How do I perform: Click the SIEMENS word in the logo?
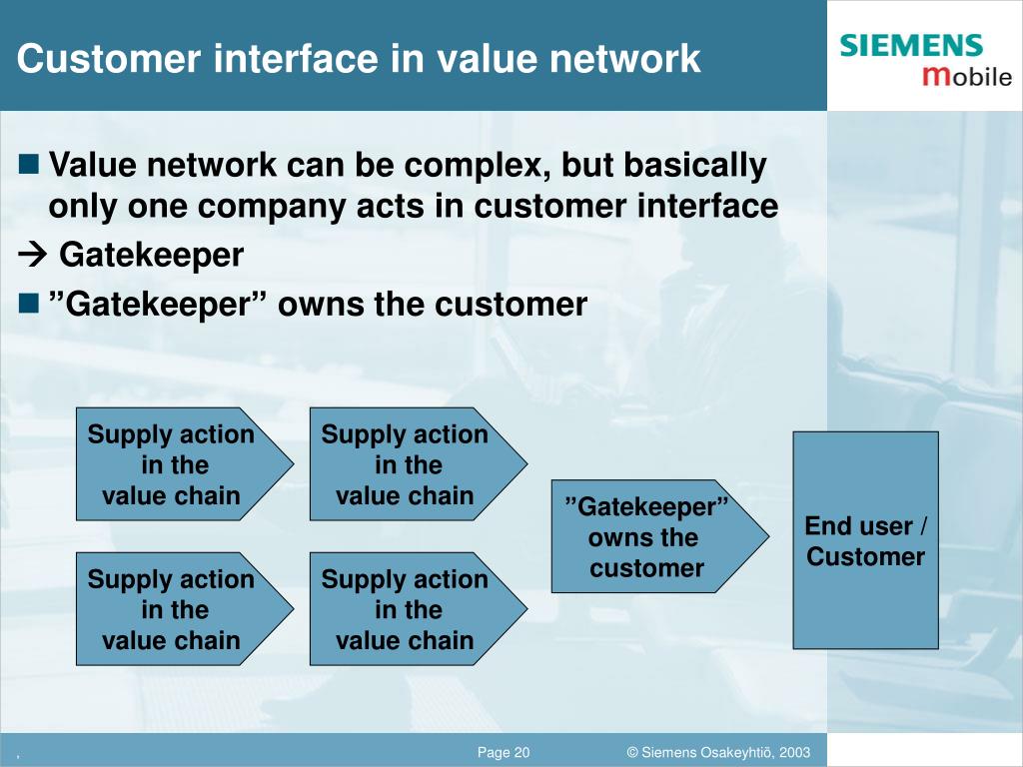coord(911,46)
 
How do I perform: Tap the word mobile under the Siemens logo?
coord(966,76)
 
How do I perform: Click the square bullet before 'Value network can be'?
coord(29,163)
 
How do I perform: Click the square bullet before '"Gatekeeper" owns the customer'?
coord(29,303)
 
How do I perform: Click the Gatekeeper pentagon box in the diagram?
coord(649,537)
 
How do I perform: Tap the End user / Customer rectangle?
coord(865,540)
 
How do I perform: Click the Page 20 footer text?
coord(504,752)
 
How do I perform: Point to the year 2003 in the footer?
coord(794,752)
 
